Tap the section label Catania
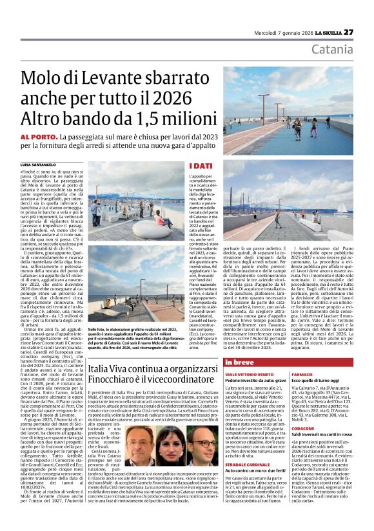[331, 50]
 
